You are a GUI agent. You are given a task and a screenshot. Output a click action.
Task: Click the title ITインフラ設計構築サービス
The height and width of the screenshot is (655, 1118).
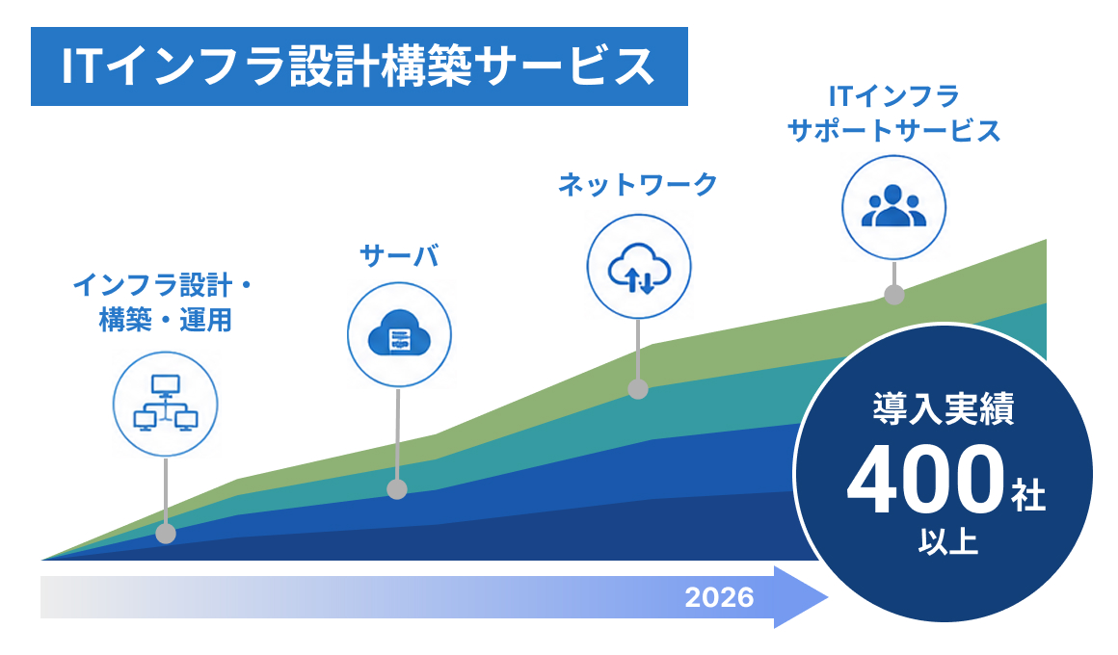[x=358, y=67]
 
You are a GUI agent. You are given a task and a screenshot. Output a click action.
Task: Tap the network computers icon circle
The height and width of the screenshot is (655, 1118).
[x=166, y=405]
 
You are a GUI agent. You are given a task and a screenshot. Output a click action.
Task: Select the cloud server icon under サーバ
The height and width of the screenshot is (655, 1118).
[x=399, y=335]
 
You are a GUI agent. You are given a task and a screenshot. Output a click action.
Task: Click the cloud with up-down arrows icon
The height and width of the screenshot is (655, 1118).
[x=639, y=267]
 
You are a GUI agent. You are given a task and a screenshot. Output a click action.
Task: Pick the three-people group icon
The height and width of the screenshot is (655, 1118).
[x=894, y=207]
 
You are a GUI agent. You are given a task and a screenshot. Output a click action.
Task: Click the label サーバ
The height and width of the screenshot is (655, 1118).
[x=399, y=256]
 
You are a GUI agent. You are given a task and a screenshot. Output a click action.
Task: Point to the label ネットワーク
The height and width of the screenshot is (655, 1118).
[x=637, y=184]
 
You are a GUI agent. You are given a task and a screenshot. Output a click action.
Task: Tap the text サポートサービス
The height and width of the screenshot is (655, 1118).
[x=894, y=131]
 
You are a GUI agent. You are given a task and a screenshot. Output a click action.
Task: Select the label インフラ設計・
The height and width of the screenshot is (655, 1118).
[x=163, y=285]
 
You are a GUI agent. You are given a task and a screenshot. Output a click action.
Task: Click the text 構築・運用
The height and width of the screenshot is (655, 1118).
[x=166, y=320]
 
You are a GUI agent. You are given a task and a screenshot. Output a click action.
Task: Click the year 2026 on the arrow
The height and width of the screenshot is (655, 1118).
[x=719, y=597]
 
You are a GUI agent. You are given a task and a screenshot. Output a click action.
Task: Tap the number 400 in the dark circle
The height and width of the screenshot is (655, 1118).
[x=925, y=479]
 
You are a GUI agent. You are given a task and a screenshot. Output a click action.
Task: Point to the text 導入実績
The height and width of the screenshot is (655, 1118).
[x=944, y=409]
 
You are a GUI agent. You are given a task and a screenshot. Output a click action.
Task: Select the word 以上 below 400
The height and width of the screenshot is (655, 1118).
[x=948, y=541]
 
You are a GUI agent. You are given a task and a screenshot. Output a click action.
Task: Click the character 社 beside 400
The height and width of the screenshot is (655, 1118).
[x=1028, y=495]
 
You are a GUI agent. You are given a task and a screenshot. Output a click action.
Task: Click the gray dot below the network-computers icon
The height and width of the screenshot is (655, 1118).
[x=166, y=533]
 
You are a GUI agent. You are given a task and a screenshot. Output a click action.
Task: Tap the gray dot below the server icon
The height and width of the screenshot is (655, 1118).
[x=397, y=489]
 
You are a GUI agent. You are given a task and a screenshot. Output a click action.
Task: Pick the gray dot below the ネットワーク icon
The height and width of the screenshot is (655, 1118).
[x=638, y=388]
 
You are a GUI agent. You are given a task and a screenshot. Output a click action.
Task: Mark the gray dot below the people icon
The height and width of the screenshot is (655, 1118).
[x=894, y=295]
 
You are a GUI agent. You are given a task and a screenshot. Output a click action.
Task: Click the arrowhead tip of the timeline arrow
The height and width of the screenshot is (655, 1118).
[x=828, y=597]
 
